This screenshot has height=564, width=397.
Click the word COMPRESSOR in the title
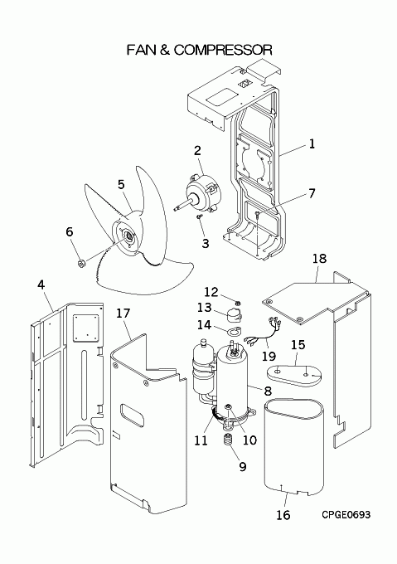(223, 50)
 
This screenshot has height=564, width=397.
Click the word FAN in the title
(141, 50)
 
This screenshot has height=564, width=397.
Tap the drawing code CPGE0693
(346, 515)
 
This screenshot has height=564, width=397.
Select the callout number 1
(312, 144)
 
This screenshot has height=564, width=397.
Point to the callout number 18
(319, 258)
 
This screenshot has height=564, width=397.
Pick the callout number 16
(283, 515)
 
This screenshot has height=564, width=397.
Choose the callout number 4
(41, 285)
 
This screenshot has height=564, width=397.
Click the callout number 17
(123, 314)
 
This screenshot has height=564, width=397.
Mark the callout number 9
(243, 467)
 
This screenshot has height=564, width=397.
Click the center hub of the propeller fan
(127, 236)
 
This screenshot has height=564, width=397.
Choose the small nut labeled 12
(238, 301)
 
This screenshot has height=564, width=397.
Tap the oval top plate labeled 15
(294, 376)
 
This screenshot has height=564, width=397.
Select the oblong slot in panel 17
(133, 415)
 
